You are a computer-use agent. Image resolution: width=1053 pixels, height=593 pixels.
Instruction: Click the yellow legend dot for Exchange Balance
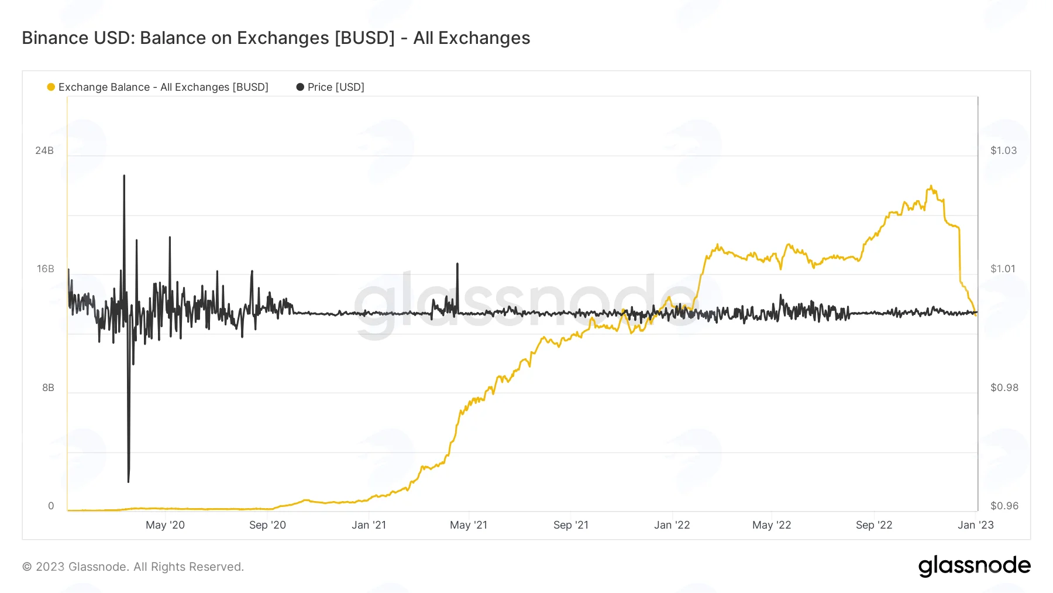51,87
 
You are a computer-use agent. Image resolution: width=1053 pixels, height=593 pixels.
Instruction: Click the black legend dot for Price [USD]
300,87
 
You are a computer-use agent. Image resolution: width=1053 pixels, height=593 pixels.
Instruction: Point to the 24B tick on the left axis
44,150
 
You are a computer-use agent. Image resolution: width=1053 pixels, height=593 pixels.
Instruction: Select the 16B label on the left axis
45,269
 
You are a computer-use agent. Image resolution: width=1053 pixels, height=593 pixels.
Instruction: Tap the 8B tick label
48,388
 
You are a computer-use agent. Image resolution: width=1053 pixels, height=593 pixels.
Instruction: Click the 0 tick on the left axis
51,506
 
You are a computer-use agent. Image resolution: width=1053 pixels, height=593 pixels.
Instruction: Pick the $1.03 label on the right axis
1003,150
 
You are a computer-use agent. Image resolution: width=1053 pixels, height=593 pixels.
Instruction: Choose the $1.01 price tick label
1003,269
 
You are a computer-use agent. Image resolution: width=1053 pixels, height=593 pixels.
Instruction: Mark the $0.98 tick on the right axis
1004,388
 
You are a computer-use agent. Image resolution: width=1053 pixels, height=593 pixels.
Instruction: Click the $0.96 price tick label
1004,506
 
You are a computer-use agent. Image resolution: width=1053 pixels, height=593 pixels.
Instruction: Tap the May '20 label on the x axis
165,525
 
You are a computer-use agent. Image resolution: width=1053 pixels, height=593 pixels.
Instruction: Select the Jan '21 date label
369,525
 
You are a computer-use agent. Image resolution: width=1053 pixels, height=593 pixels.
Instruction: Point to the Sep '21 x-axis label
571,525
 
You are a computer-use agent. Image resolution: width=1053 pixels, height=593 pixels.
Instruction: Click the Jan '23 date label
975,525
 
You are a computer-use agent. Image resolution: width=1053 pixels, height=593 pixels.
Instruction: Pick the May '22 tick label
772,525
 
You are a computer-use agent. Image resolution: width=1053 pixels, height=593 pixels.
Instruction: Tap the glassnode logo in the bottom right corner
974,566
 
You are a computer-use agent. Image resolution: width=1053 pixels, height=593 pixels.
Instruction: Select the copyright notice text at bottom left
133,567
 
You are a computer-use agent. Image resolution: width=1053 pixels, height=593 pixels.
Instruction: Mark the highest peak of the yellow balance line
930,186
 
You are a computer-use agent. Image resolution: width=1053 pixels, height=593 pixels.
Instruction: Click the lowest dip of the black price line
128,481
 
